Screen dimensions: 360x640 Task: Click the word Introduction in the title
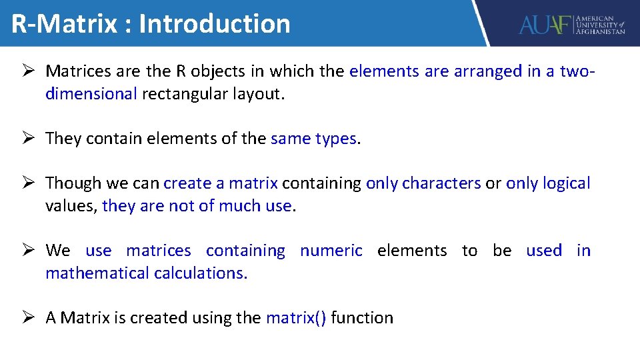[x=215, y=24]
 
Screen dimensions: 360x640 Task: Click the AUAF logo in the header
[x=572, y=24]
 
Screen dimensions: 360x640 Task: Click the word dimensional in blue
[x=91, y=94]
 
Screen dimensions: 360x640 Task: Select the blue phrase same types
[x=313, y=139]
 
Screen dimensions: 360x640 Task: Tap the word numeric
[x=331, y=251]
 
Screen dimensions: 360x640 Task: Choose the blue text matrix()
[x=296, y=318]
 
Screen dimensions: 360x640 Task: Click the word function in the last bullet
[x=362, y=318]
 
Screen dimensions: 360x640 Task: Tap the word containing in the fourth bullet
[x=245, y=251]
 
